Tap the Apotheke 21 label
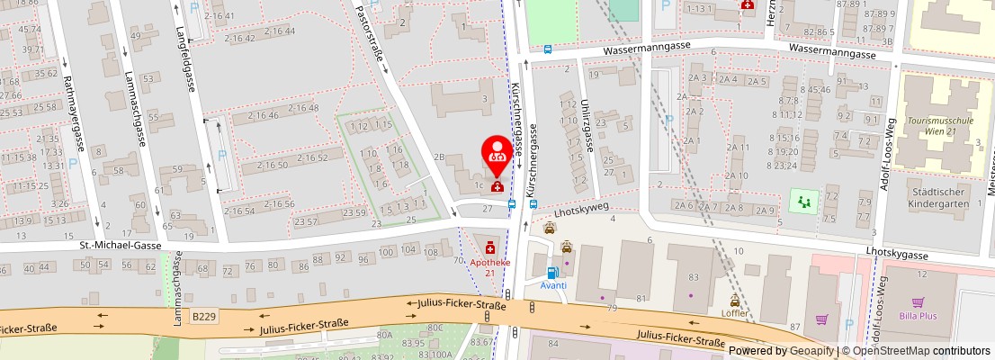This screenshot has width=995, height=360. tap(490, 266)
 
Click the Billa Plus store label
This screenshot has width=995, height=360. tap(918, 317)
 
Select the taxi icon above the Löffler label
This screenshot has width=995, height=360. tap(735, 301)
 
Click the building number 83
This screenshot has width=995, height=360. tap(693, 277)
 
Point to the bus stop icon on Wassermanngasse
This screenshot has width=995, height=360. tap(548, 50)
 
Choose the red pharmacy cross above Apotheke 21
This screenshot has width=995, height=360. tap(489, 246)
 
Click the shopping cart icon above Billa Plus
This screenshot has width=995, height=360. tap(918, 302)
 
